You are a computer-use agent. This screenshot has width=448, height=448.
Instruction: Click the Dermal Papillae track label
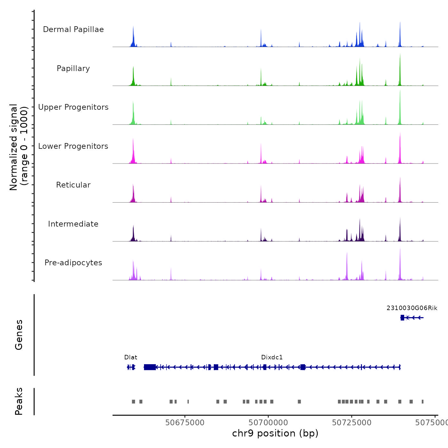[x=73, y=29]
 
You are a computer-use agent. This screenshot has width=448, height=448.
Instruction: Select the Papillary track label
[x=73, y=68]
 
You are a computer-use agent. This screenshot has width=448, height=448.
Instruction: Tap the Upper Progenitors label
[x=73, y=107]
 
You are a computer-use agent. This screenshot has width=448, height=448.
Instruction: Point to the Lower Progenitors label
[x=73, y=146]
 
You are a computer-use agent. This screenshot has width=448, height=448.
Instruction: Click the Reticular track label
[x=73, y=185]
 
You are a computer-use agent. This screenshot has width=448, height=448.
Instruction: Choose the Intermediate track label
[x=73, y=224]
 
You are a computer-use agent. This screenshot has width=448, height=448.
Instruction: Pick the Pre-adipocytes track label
[x=73, y=263]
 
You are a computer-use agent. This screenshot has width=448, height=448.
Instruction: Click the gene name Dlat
[x=131, y=357]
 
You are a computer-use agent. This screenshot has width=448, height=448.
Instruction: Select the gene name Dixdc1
[x=272, y=357]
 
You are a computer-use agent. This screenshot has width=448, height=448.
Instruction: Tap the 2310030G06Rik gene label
[x=412, y=308]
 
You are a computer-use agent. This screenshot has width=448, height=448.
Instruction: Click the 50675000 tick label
[x=185, y=423]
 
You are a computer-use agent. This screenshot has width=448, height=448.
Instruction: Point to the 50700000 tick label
[x=268, y=423]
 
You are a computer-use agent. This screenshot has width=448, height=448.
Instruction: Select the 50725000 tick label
[x=352, y=423]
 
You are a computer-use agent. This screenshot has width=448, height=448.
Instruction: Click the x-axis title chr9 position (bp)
[x=275, y=433]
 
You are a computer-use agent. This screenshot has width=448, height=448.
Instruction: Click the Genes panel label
[x=19, y=335]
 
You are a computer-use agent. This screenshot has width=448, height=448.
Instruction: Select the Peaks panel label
[x=19, y=401]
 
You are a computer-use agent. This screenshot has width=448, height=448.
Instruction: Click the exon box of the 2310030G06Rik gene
[x=402, y=317]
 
